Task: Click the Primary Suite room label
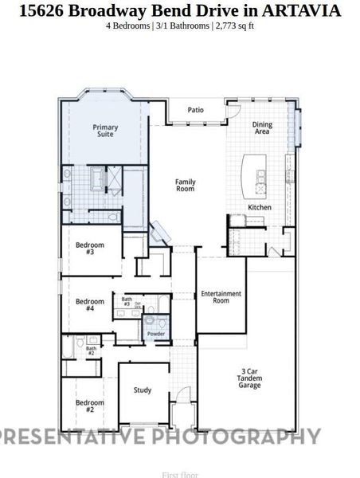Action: click(x=104, y=131)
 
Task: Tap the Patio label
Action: click(x=196, y=110)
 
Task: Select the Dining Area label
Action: click(x=262, y=127)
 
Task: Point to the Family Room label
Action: click(x=186, y=186)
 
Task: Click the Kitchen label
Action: click(x=260, y=207)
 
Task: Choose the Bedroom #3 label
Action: click(x=90, y=248)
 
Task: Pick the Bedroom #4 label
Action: click(x=90, y=305)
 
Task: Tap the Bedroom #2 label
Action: click(x=90, y=406)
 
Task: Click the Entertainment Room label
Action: click(x=221, y=297)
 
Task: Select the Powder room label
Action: click(x=155, y=333)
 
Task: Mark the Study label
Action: click(x=143, y=390)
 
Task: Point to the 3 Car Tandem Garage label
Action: click(x=250, y=378)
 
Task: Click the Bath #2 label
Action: click(x=91, y=350)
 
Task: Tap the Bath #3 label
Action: click(x=127, y=302)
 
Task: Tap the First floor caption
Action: click(x=180, y=475)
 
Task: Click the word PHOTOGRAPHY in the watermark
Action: click(x=237, y=437)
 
